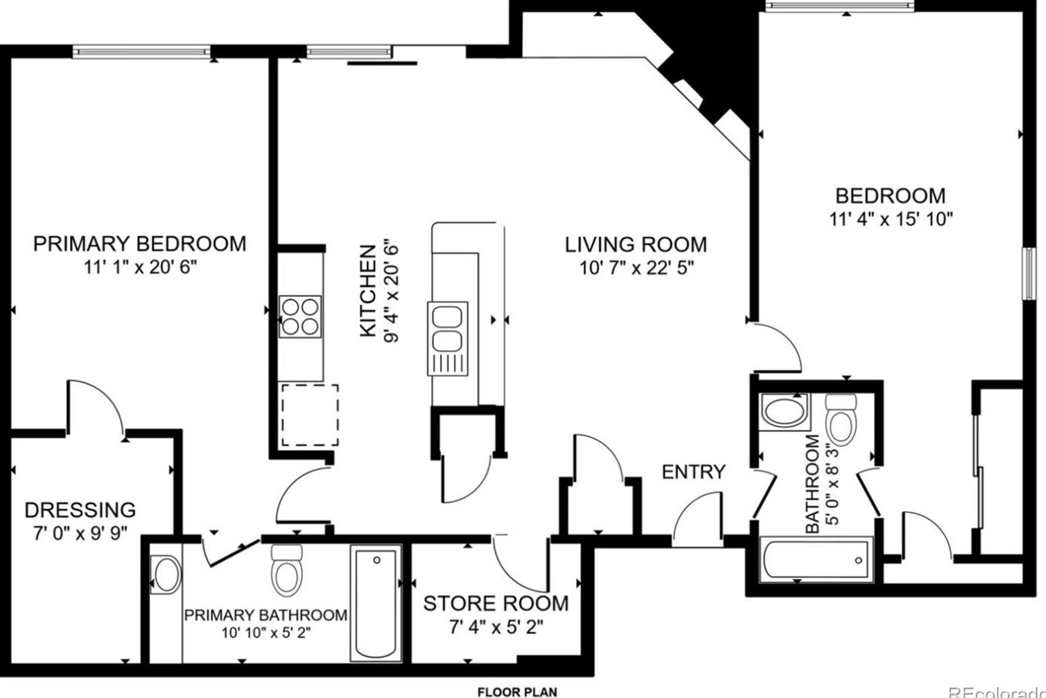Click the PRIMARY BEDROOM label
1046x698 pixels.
coord(139,244)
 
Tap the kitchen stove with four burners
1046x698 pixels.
coord(300,316)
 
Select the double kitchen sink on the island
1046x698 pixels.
coord(447,339)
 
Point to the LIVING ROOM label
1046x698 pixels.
coord(636,244)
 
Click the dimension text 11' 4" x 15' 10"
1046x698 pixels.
coord(890,219)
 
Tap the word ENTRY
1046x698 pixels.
coord(694,472)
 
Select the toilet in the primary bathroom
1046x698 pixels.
coord(286,570)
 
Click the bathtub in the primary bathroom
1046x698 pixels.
coord(376,603)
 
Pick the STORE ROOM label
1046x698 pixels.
coord(496,603)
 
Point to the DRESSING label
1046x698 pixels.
coord(80,510)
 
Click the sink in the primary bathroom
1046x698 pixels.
coord(166,575)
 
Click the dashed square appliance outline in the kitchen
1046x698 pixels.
coord(310,415)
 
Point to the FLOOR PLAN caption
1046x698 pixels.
coord(517,692)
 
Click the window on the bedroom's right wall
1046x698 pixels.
coord(1028,273)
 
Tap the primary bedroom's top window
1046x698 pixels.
coord(141,51)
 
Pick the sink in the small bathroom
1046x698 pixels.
coord(785,411)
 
